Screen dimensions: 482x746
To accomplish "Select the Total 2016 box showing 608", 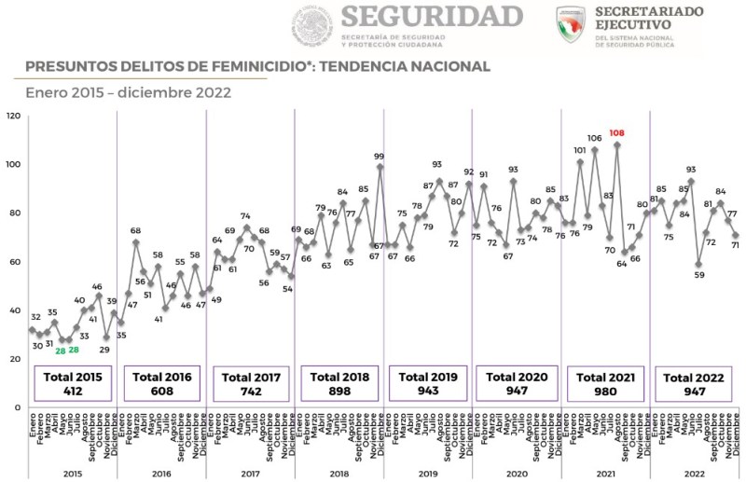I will click(161, 383).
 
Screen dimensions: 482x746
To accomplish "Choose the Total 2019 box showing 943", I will click(428, 383).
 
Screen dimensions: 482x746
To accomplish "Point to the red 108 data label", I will click(616, 133).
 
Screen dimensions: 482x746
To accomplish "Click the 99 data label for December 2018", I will click(380, 157).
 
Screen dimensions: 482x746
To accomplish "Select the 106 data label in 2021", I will click(594, 138).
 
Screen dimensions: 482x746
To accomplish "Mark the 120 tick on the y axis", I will click(13, 116).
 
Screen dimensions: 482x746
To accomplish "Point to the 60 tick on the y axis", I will click(13, 262).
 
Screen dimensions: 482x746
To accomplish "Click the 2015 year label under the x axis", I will click(72, 474).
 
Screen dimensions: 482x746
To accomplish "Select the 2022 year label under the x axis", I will click(694, 474).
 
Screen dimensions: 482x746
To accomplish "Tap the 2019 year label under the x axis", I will click(427, 474).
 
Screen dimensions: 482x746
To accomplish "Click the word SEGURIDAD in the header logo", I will click(432, 16).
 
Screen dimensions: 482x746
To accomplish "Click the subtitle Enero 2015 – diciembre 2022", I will click(129, 92).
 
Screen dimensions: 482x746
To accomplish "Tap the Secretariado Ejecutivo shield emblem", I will click(571, 24).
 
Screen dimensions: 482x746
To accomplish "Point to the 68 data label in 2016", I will click(135, 231).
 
